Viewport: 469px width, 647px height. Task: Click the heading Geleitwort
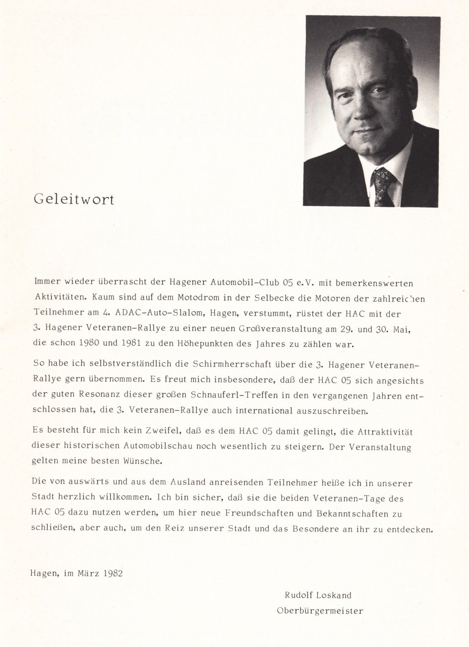click(74, 200)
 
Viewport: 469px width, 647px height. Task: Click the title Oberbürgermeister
click(320, 611)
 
